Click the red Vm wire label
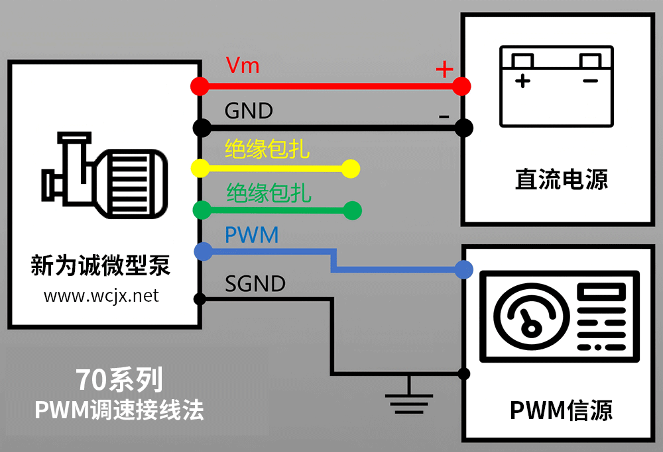pyautogui.click(x=242, y=66)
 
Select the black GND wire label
pyautogui.click(x=249, y=111)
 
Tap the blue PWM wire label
pyautogui.click(x=251, y=235)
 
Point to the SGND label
pyautogui.click(x=255, y=284)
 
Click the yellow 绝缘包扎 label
pyautogui.click(x=267, y=149)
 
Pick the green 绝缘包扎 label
pyautogui.click(x=269, y=193)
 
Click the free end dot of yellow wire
pyautogui.click(x=351, y=169)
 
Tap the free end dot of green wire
pyautogui.click(x=353, y=211)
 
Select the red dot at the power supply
pyautogui.click(x=463, y=86)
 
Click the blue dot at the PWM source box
pyautogui.click(x=464, y=269)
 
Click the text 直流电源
pyautogui.click(x=561, y=180)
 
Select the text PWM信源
pyautogui.click(x=561, y=410)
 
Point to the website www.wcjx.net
pyautogui.click(x=101, y=296)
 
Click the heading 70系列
pyautogui.click(x=119, y=380)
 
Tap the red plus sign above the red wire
pyautogui.click(x=443, y=69)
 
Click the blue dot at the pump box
pyautogui.click(x=203, y=251)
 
